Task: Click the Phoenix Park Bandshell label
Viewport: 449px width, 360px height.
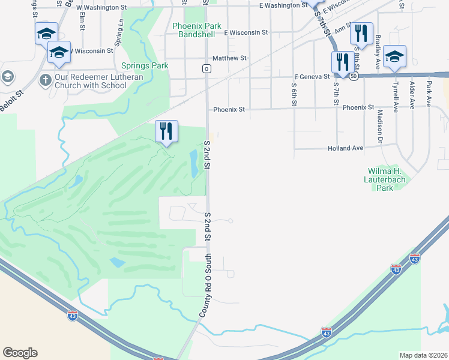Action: (196, 30)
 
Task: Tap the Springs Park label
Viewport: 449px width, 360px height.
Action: (144, 65)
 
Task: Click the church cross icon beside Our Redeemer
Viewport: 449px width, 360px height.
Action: (44, 79)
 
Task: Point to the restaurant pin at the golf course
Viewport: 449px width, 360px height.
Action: (166, 131)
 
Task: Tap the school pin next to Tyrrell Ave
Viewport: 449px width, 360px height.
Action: (394, 57)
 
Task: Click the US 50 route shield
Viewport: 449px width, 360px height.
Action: (355, 77)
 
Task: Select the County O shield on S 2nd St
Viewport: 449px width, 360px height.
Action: (206, 69)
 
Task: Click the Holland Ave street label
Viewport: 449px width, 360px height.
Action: (345, 148)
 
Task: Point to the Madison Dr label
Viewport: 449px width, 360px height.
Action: (380, 127)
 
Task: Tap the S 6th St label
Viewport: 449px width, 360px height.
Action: (294, 95)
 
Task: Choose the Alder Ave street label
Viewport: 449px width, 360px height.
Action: (412, 95)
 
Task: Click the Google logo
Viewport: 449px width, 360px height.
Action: (20, 353)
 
